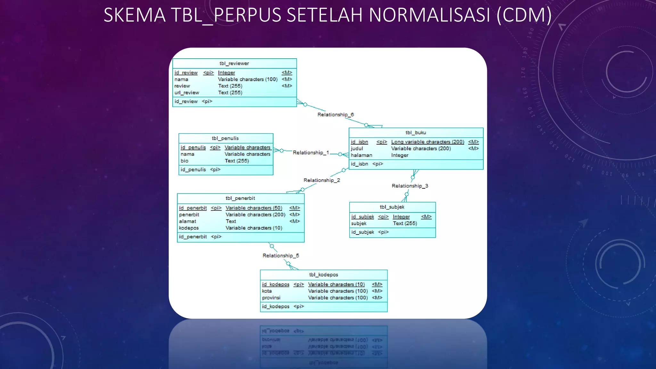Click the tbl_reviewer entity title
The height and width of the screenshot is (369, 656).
tap(234, 63)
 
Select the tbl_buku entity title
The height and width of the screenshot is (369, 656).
tap(416, 133)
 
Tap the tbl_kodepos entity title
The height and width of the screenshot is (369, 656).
tap(324, 275)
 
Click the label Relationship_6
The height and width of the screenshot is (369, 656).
tap(335, 115)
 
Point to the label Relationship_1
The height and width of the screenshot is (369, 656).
tap(311, 153)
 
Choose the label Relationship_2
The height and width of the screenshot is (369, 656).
tap(322, 180)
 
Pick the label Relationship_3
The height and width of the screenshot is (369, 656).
tap(410, 186)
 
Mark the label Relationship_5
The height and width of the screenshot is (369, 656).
tap(281, 256)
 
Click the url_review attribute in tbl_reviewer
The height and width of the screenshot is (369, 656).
tap(187, 93)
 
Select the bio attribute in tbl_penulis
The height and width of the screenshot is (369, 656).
tap(184, 161)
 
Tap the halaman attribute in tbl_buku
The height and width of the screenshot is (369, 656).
tap(361, 155)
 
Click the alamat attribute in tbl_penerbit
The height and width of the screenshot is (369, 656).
tap(188, 221)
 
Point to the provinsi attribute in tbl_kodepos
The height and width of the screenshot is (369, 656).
tap(271, 298)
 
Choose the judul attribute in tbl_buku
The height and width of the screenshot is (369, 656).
tap(357, 149)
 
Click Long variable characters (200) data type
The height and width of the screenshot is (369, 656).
tap(428, 142)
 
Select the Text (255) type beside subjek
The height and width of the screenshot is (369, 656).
tap(405, 224)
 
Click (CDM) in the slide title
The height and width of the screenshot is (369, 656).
tap(524, 15)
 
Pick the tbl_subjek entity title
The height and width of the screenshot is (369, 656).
tap(392, 207)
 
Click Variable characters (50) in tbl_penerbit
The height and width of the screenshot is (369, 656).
tap(254, 208)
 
